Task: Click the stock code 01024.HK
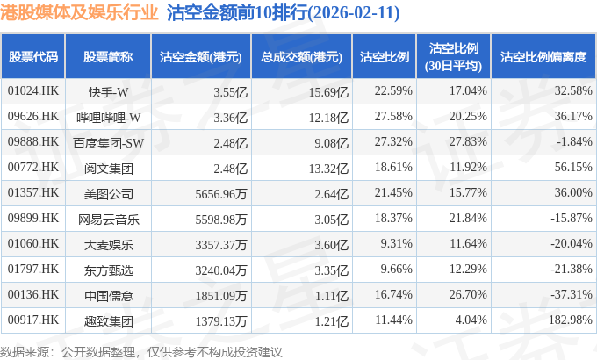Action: [x=33, y=91]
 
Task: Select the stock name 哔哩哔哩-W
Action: [x=109, y=118]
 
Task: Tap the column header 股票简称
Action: [x=108, y=57]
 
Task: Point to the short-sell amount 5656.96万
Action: [x=221, y=194]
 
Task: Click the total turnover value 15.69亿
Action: [x=328, y=92]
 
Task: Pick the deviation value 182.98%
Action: [x=571, y=320]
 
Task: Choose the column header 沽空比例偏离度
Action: [x=543, y=57]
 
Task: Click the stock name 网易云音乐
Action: [x=109, y=220]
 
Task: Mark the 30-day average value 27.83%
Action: [x=468, y=141]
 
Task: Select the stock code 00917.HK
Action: [x=33, y=320]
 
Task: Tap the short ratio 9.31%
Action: [x=396, y=243]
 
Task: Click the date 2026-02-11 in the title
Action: [x=354, y=12]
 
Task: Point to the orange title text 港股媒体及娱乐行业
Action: [x=79, y=12]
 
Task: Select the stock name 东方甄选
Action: [x=109, y=270]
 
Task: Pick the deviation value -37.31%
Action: [x=572, y=294]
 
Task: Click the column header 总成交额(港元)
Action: [x=301, y=57]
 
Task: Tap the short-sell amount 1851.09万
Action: [x=221, y=296]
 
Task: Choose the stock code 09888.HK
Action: [x=33, y=141]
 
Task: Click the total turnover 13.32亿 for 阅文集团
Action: [x=328, y=169]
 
